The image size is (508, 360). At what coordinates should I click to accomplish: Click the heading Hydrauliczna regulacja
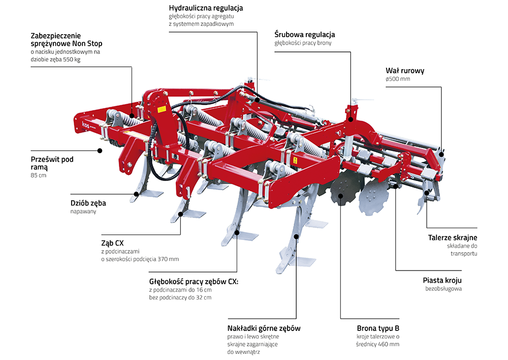coord(206,8)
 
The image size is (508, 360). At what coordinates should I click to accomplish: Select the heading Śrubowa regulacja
coord(304,35)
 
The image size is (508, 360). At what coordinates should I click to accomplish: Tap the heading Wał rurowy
coord(405,71)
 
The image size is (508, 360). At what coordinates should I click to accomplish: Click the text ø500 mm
coord(398,79)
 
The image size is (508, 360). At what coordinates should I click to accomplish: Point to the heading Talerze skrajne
coord(452,237)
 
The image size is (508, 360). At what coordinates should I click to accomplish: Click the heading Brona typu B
coord(377,328)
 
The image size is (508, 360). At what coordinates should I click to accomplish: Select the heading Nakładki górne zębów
coord(264,328)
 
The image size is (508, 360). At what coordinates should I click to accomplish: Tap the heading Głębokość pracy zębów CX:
coord(194,281)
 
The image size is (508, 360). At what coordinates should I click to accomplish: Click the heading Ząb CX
coord(112,243)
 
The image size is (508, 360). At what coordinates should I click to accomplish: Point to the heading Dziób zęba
coord(88,203)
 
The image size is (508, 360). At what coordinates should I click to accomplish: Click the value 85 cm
coord(38,175)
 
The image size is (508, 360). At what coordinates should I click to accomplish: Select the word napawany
coord(83,212)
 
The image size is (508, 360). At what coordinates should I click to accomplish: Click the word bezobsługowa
coord(443,289)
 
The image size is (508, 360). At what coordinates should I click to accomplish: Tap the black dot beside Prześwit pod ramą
coord(100,151)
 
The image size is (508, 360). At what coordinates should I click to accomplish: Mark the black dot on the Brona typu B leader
coord(340,195)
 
